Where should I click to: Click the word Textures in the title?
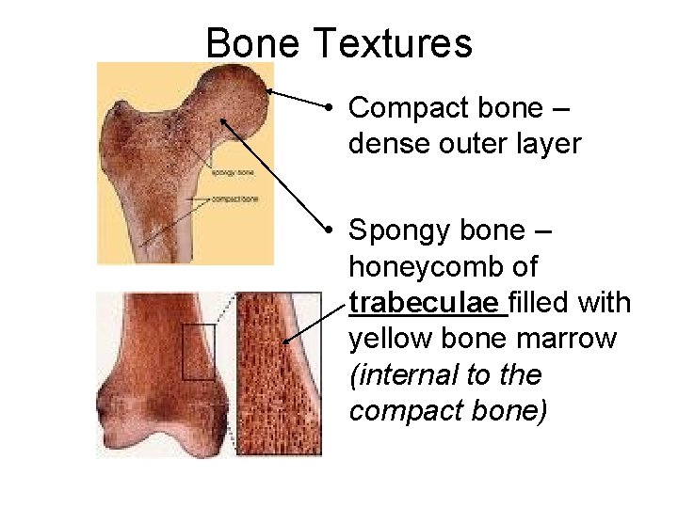394,43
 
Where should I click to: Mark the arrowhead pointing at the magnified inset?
285,341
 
